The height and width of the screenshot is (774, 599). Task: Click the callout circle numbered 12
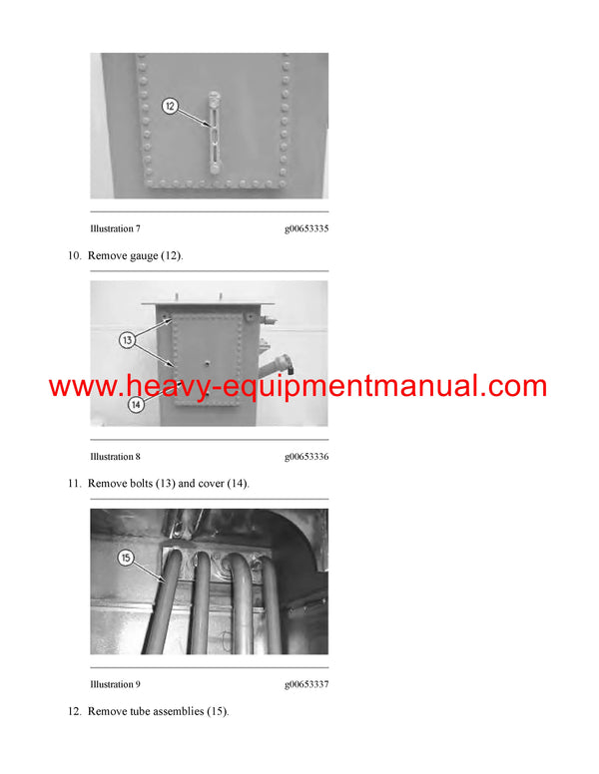[x=170, y=104]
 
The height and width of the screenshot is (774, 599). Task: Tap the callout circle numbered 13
[x=128, y=340]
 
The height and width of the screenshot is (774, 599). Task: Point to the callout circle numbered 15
[x=127, y=558]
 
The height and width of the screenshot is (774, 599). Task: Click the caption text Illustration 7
[x=115, y=229]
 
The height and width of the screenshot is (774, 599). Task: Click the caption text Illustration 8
[x=115, y=457]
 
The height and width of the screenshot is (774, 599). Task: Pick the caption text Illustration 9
[x=115, y=684]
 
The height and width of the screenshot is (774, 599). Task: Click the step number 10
[x=74, y=256]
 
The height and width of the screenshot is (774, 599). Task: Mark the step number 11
[x=74, y=484]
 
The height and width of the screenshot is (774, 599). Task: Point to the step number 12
[x=74, y=711]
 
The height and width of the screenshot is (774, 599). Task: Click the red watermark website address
[x=298, y=387]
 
